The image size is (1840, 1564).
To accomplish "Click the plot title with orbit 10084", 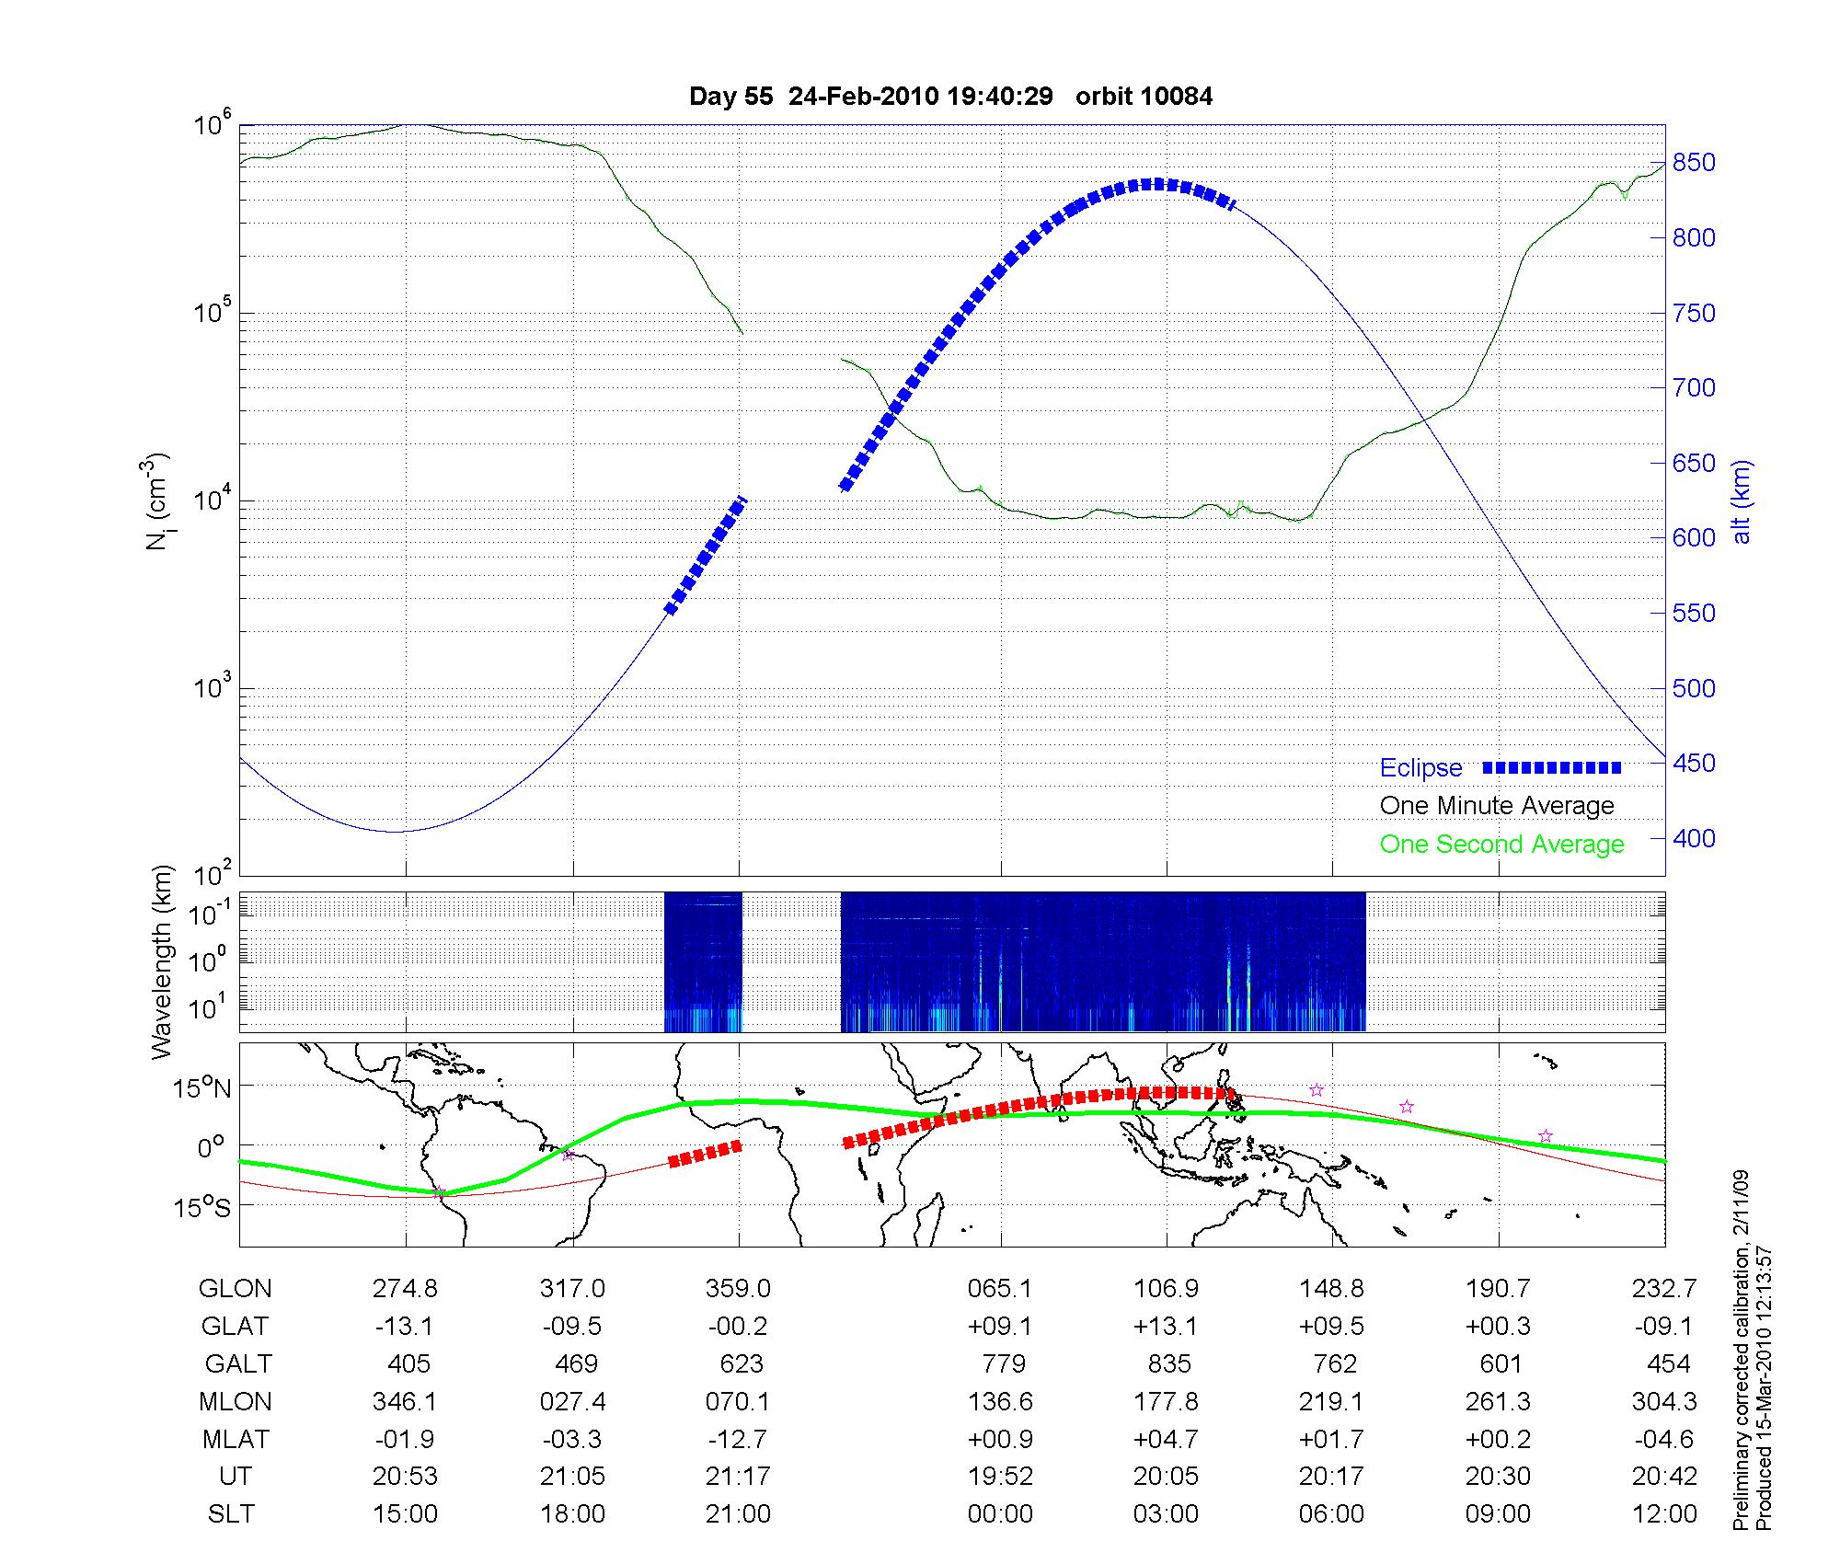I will click(950, 97).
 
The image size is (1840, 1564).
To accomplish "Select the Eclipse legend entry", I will click(1420, 768).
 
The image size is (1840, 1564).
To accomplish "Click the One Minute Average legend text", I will click(1497, 806).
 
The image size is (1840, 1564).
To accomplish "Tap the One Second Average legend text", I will click(1501, 845).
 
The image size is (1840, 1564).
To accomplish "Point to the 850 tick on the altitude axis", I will click(1694, 163).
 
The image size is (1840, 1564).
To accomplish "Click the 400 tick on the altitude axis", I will click(1694, 838).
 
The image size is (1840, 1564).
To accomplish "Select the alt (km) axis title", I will click(1742, 501).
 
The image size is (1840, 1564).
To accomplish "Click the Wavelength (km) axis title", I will click(162, 962).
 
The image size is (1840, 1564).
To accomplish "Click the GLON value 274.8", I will click(405, 1289).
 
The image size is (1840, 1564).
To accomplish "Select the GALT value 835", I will click(1169, 1363).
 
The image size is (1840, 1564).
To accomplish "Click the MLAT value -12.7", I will click(738, 1439).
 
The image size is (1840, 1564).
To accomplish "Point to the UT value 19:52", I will click(1000, 1477).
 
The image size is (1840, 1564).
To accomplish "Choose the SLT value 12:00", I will click(1664, 1514).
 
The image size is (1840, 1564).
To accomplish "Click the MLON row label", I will click(236, 1401).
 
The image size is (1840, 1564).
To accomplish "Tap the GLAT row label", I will click(236, 1327).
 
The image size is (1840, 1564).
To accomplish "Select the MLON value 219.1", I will click(1331, 1401).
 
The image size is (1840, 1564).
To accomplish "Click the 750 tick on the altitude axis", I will click(1694, 313).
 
